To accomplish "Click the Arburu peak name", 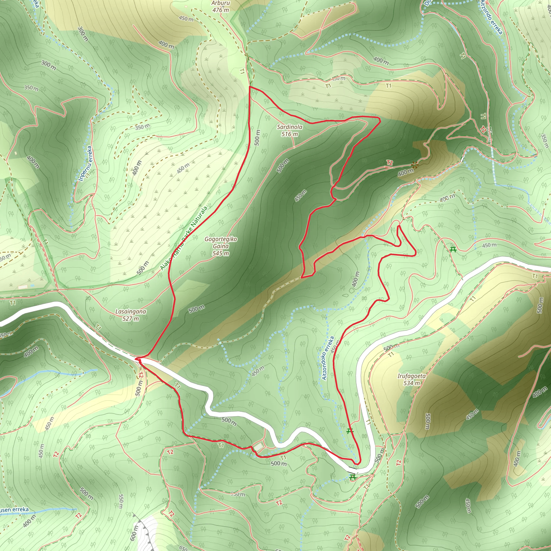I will tap(220, 3).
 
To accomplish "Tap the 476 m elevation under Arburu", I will tap(220, 10).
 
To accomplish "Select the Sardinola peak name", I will tap(289, 127).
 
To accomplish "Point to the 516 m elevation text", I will tap(289, 134).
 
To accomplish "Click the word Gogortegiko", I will tap(220, 239).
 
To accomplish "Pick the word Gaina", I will tap(220, 246).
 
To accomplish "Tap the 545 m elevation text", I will tap(220, 253).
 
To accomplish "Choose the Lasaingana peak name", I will tap(130, 312).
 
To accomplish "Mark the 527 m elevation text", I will tap(130, 319).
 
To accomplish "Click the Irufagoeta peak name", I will tap(411, 376).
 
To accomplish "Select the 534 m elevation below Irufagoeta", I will tap(411, 383).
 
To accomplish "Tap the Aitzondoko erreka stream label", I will tap(328, 358).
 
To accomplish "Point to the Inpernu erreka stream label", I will tap(86, 164).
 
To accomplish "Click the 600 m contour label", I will tap(134, 532).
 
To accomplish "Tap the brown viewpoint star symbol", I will tap(415, 165).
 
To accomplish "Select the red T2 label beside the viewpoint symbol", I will tap(390, 163).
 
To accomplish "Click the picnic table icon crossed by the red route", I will tap(350, 431).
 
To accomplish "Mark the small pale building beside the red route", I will tap(258, 447).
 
